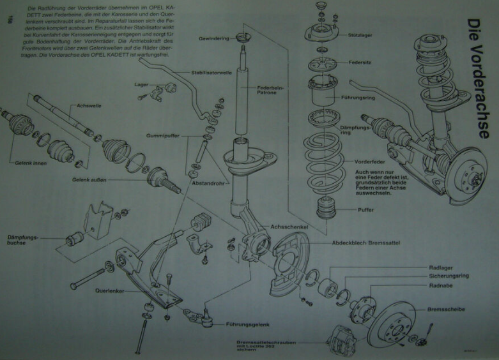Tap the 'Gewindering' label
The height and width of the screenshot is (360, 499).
click(213, 38)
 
